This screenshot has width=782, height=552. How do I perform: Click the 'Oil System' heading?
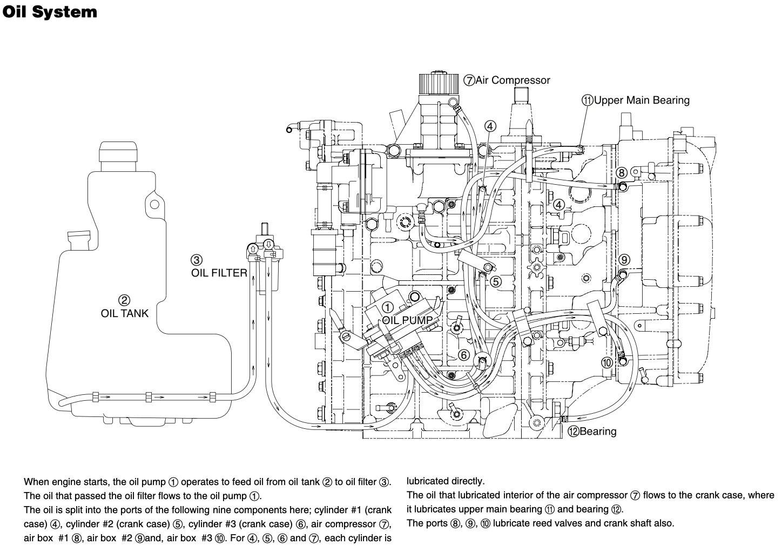(49, 12)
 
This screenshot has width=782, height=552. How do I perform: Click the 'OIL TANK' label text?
(125, 313)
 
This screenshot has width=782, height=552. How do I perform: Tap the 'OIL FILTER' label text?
(219, 273)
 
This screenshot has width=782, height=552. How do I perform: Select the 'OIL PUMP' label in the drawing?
(407, 320)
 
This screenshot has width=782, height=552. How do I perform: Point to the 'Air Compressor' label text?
(513, 80)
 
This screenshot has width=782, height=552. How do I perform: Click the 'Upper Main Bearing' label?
(642, 100)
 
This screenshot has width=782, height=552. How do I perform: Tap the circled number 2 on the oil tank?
(124, 300)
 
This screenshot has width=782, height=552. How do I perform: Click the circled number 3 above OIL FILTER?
(197, 260)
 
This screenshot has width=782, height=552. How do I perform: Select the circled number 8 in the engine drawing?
(622, 172)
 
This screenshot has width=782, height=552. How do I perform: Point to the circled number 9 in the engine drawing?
(624, 260)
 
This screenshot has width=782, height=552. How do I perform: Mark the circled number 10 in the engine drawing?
(607, 362)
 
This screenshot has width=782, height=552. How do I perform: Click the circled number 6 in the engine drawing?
(463, 355)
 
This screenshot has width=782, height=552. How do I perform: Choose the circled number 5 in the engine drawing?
(496, 281)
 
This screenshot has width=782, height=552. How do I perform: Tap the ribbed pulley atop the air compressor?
(439, 83)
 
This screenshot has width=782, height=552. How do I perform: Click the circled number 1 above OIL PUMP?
(388, 308)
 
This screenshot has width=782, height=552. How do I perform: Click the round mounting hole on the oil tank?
(154, 204)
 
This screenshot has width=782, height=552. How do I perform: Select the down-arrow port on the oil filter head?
(268, 244)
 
